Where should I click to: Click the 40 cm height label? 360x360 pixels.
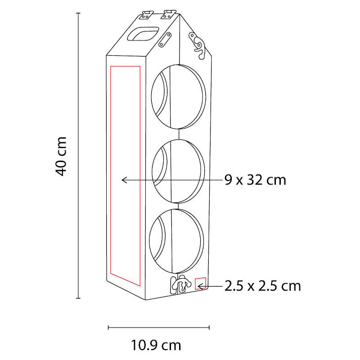point(62,156)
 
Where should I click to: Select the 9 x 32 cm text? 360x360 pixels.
point(255,180)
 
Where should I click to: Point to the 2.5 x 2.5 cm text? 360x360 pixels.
point(262,286)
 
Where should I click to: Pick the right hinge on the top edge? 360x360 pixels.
point(167,14)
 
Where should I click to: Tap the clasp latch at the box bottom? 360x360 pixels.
point(180,284)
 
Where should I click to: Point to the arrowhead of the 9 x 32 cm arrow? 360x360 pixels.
point(124,180)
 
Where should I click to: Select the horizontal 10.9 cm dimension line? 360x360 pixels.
point(159,328)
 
